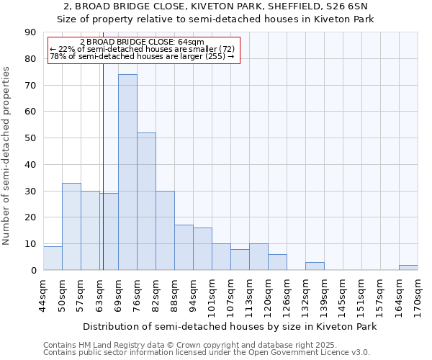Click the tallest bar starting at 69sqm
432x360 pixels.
click(127, 173)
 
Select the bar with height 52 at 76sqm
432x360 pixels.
click(146, 202)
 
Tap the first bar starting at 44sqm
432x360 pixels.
click(53, 258)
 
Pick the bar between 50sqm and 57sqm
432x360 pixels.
click(71, 227)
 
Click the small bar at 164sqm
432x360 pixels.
click(408, 268)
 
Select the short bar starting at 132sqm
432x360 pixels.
click(315, 266)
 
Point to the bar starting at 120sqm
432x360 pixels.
click(277, 263)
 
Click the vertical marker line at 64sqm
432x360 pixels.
click(103, 144)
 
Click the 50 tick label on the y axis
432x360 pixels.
click(30, 138)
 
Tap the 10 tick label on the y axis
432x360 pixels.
click(30, 244)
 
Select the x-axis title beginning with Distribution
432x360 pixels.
click(230, 326)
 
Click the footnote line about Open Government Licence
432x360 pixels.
click(207, 353)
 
